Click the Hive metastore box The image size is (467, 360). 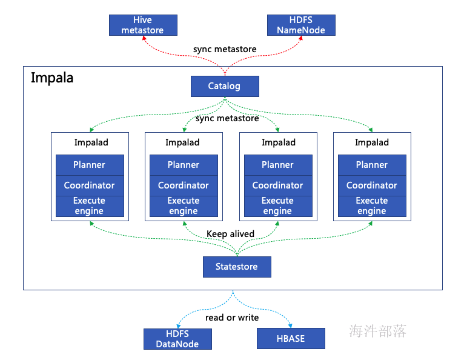pos(143,25)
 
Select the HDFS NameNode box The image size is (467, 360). pos(301,25)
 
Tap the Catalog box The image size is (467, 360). pos(225,86)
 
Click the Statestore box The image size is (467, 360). pos(237,267)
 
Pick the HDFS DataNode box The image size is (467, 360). pos(177,339)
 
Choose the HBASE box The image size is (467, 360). pos(291,339)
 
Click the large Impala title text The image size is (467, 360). pos(52,78)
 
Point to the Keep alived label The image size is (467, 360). pos(231,234)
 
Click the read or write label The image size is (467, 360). pos(232,318)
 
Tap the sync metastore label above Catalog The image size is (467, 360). pos(225,49)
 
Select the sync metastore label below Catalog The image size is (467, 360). pos(227,118)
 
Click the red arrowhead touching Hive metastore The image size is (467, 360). pos(144,38)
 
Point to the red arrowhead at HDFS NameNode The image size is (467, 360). pos(301,38)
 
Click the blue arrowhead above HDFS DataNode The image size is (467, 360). pos(179,326)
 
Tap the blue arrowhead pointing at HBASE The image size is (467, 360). pos(290,325)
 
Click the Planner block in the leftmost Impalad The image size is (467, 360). pos(90,165)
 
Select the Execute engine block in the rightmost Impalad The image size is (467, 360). pos(373,206)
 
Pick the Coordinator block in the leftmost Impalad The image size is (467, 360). pos(90,185)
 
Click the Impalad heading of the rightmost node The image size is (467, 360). pos(372,142)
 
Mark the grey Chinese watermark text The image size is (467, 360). pos(377,331)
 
